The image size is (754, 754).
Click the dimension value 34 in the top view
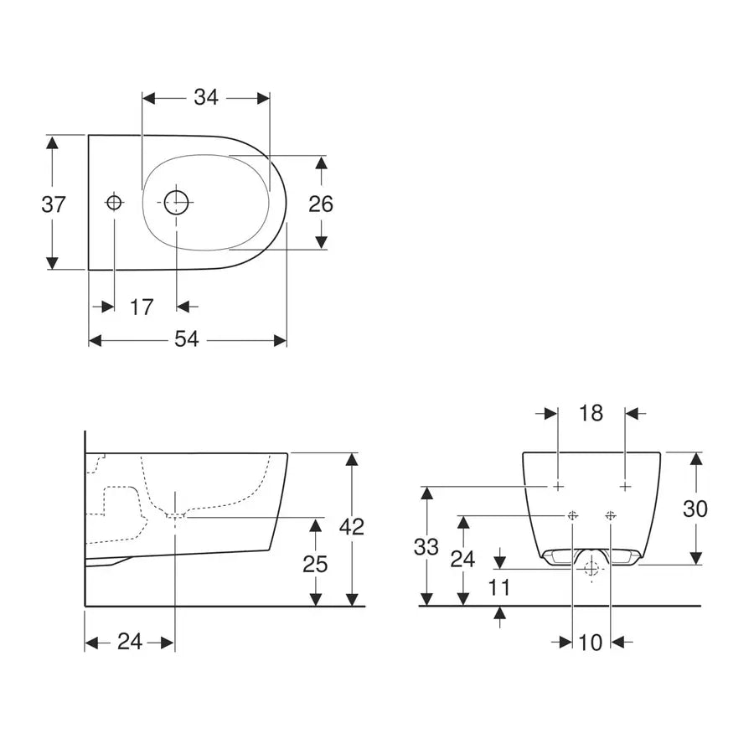[206, 98]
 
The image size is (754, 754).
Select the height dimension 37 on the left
[54, 204]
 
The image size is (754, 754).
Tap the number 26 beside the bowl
[320, 204]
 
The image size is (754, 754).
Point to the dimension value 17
[142, 307]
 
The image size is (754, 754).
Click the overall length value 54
[187, 340]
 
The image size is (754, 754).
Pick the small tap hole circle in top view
[114, 202]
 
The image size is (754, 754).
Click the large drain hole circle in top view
[177, 202]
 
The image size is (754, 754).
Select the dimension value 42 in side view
[352, 527]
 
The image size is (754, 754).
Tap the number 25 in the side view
[315, 564]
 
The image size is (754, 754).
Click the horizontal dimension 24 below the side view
[129, 643]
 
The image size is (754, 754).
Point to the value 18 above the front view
[591, 414]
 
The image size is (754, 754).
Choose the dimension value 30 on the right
[695, 509]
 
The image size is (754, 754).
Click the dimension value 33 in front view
[426, 547]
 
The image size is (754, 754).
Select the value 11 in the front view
[499, 587]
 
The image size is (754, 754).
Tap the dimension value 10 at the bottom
[591, 643]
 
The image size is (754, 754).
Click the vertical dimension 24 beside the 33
[462, 559]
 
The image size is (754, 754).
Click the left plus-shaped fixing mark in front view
[558, 487]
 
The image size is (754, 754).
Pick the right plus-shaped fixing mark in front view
[625, 487]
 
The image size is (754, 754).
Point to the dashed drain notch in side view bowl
[175, 516]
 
